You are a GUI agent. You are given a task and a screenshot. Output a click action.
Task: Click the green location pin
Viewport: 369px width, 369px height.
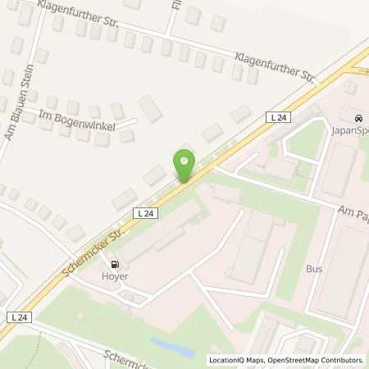coord(184,165)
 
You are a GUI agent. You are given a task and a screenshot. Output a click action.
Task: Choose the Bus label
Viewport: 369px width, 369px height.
coord(314,268)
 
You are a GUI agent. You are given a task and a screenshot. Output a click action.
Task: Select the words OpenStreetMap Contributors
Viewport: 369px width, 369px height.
coord(316,360)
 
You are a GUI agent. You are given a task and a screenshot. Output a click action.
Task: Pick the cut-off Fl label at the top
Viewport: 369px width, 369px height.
coord(176,4)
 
